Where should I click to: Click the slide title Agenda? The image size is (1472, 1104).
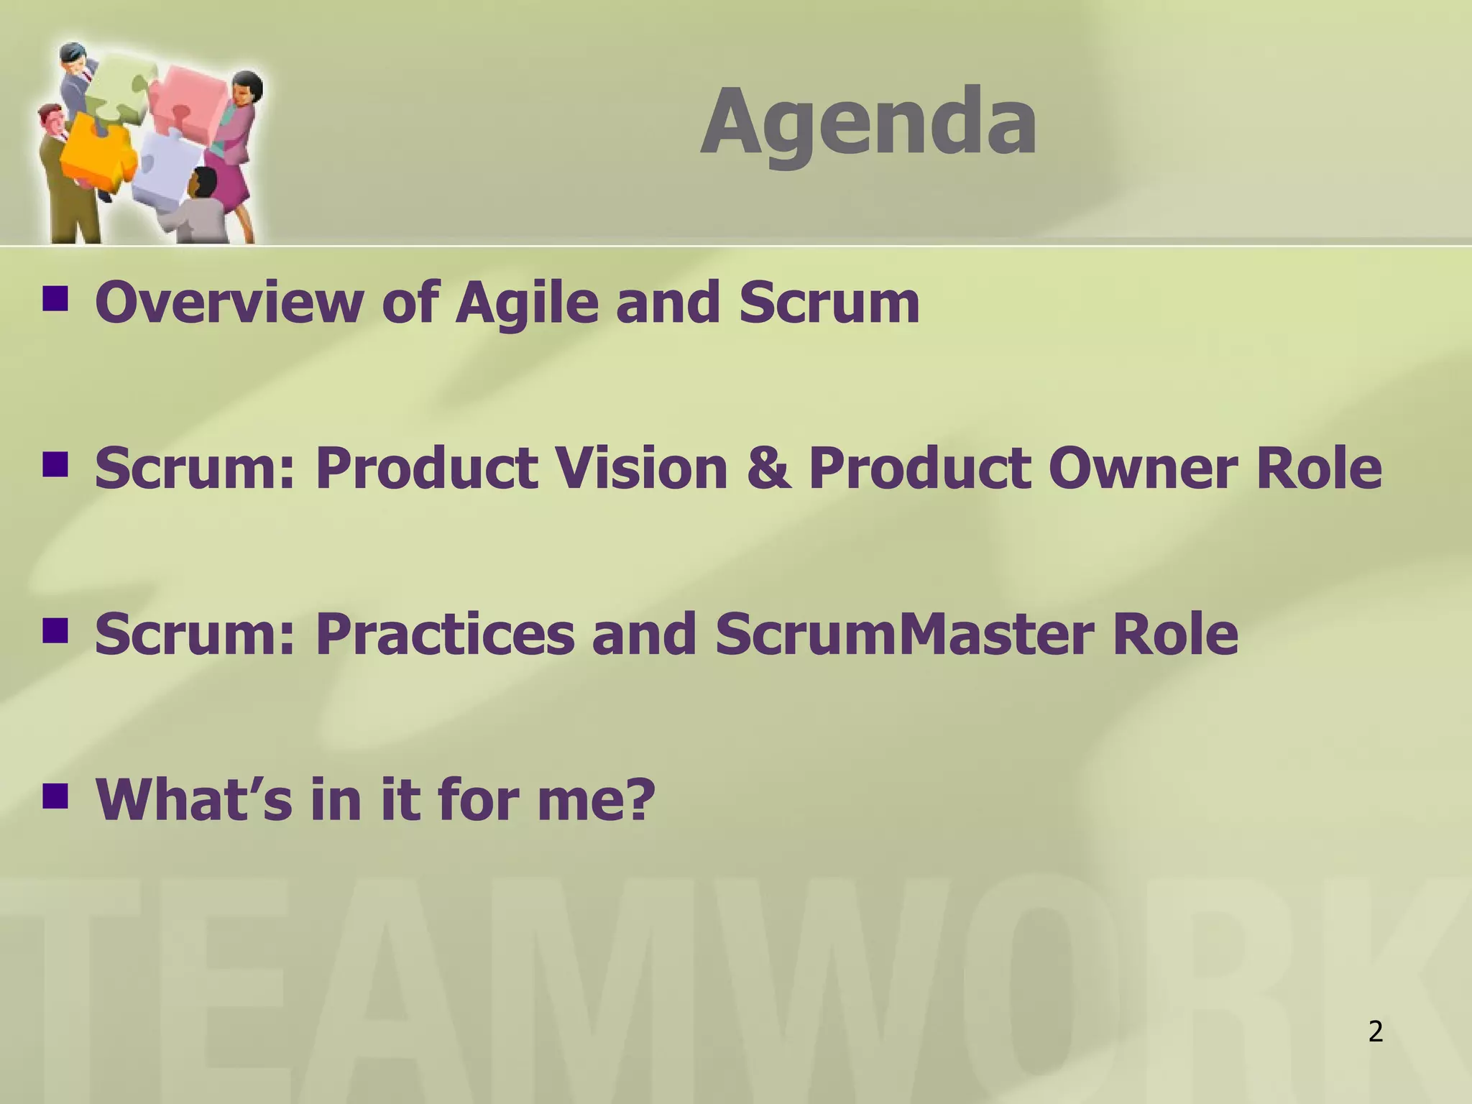(x=868, y=122)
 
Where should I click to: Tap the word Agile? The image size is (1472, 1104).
(x=526, y=303)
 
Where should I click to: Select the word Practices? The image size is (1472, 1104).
(x=445, y=634)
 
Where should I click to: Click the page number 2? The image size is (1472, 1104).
(x=1375, y=1032)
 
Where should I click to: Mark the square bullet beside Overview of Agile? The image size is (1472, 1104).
(x=55, y=298)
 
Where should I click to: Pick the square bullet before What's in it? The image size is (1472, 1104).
(x=55, y=795)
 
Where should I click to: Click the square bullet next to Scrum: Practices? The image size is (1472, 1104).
(x=55, y=630)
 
